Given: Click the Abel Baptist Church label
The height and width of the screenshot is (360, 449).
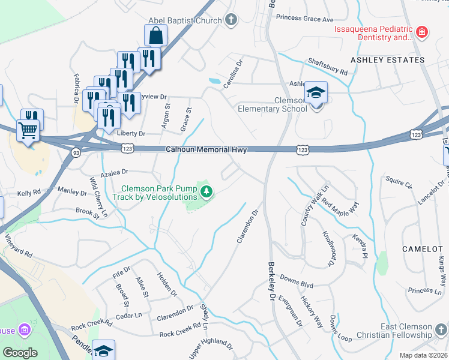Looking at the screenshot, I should coord(189,20).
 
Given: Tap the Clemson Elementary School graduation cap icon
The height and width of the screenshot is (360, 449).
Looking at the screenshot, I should coord(316,93).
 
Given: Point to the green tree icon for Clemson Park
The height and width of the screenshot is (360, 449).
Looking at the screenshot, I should coord(206,192).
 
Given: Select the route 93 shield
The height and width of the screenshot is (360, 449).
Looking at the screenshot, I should coord(76,153).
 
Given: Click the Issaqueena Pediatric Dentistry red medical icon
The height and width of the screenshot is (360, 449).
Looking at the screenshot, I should coord(423,31).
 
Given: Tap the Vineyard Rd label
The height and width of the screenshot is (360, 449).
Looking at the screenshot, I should coord(20,246).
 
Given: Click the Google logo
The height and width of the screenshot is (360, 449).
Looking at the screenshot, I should coord(20,353).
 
